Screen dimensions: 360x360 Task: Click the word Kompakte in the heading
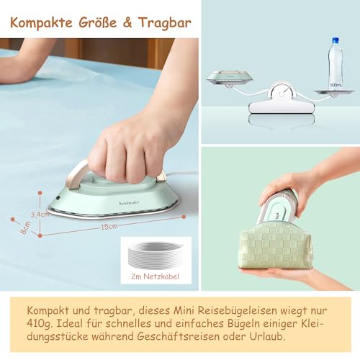pos(39,23)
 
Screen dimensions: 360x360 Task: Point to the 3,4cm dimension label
pos(40,213)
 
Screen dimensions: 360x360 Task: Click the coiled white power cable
pos(156,256)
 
